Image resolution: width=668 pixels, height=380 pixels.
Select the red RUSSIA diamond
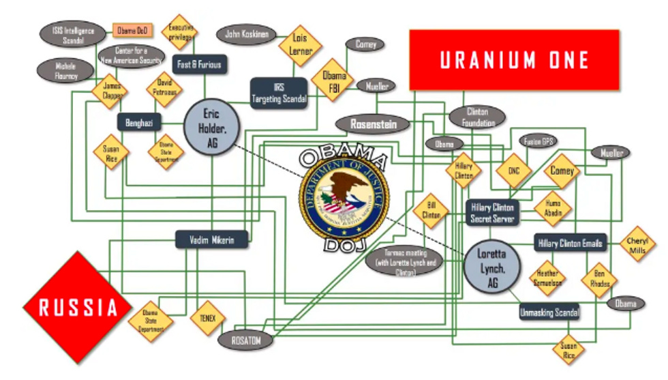[x=78, y=307]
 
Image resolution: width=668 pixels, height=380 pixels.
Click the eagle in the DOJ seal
[x=344, y=194]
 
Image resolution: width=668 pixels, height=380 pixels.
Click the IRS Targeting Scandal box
[x=279, y=93]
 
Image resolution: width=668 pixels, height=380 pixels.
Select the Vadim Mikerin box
[x=211, y=239]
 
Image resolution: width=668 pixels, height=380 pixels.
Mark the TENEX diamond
[x=207, y=318]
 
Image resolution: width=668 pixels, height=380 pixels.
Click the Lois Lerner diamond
[x=300, y=45]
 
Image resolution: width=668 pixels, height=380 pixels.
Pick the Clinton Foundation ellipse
[x=477, y=117]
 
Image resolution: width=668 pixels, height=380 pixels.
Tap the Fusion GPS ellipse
[x=538, y=141]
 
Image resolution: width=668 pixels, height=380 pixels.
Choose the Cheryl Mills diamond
[x=638, y=244]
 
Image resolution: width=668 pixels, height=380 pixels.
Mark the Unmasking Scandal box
[x=549, y=312]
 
